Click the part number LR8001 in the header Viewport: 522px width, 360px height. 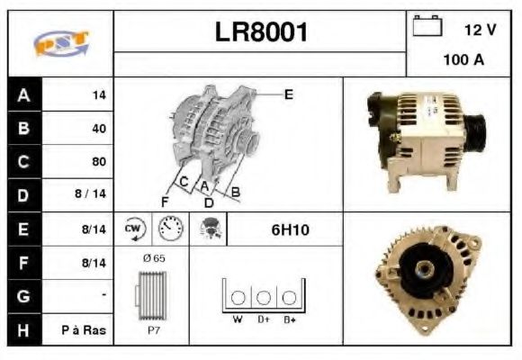(x=261, y=32)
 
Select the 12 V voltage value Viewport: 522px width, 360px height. (x=480, y=30)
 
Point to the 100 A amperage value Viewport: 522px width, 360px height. (x=463, y=61)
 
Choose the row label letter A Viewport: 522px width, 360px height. (x=23, y=94)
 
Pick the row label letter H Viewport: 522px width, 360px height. (x=23, y=330)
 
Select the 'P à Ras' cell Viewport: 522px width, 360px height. (x=84, y=330)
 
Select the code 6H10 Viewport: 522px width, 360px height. (x=290, y=230)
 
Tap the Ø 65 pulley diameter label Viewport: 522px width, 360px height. (x=154, y=258)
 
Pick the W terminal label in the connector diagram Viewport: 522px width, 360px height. (x=238, y=319)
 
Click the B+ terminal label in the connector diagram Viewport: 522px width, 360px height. (x=290, y=319)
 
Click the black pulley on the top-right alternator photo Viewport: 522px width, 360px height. (x=474, y=133)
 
